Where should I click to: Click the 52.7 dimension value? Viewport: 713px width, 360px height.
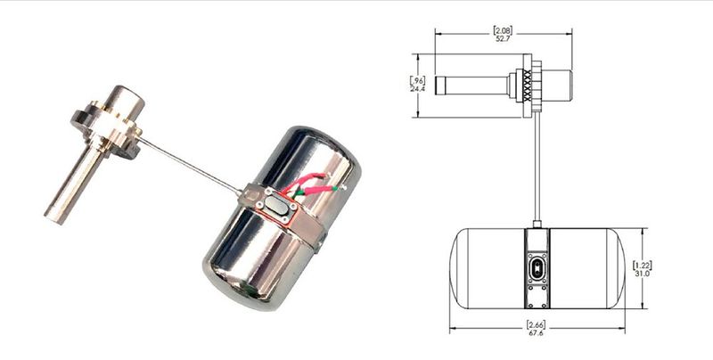click(504, 37)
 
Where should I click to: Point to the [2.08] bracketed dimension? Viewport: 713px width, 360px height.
click(504, 29)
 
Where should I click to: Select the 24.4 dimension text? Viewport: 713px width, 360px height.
click(417, 89)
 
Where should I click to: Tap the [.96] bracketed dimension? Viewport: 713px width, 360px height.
click(417, 79)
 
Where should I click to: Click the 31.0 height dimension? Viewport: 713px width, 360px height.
click(643, 274)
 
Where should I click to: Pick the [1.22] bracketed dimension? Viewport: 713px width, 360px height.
click(643, 265)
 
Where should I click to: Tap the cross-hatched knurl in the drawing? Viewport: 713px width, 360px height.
click(527, 86)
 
